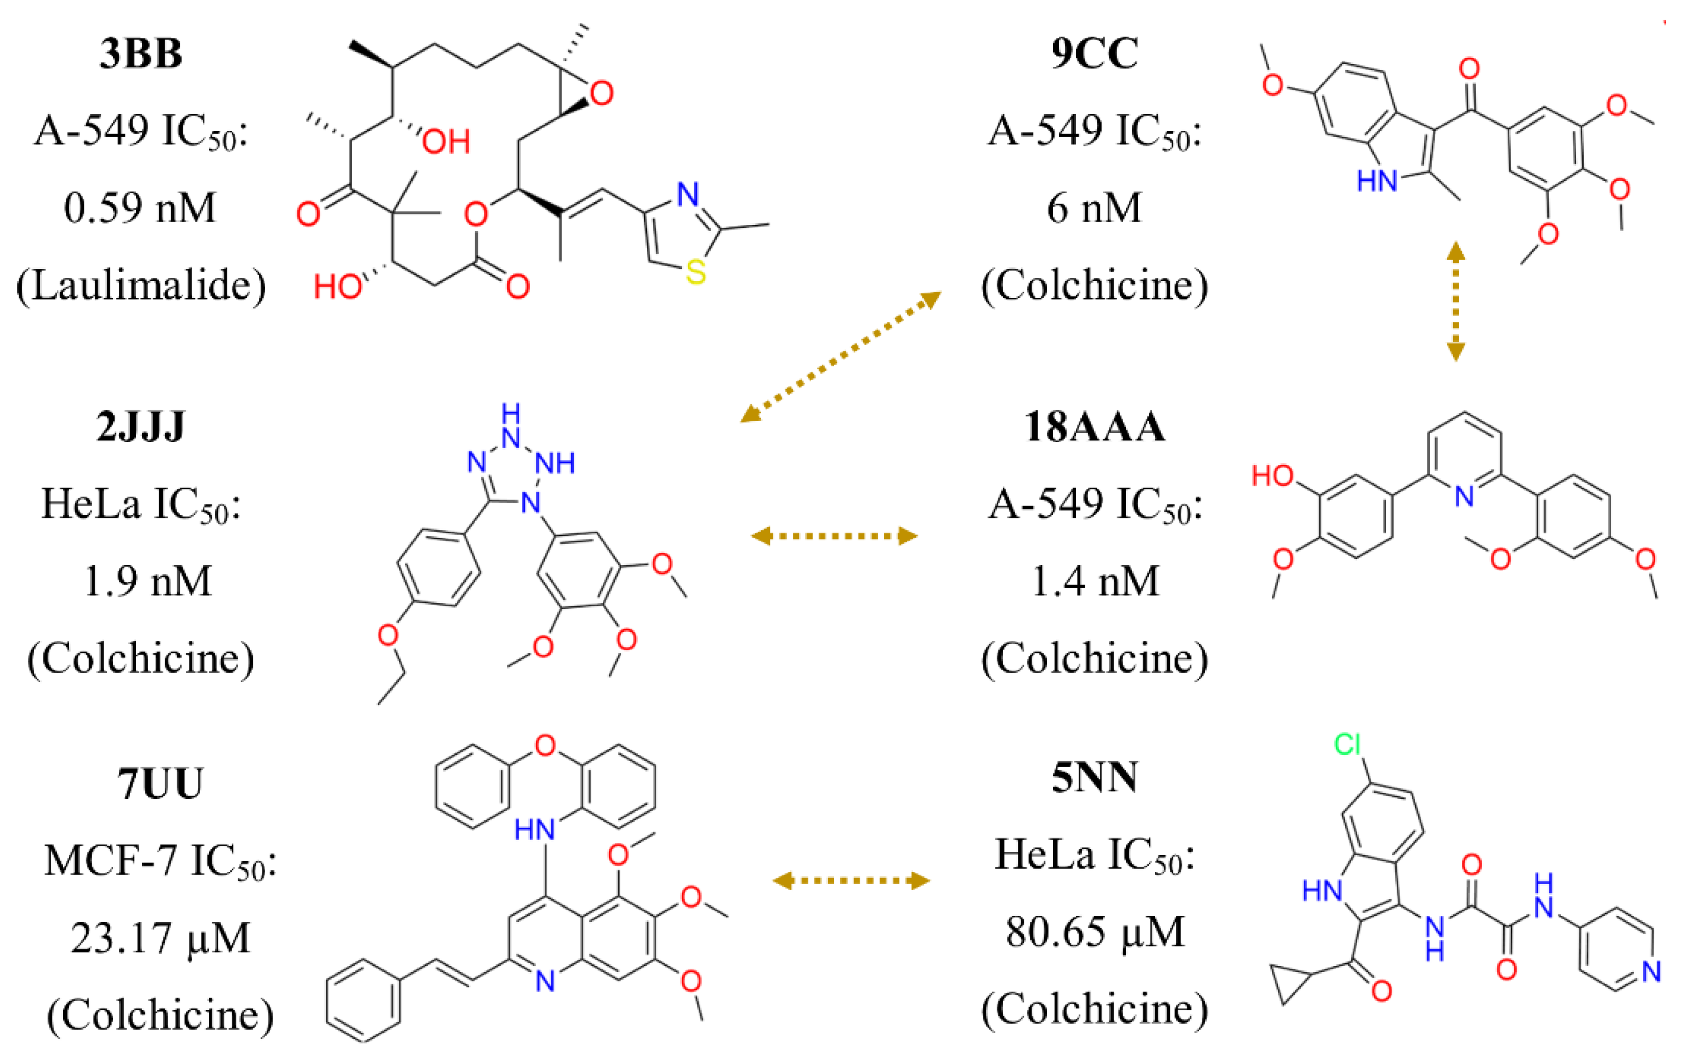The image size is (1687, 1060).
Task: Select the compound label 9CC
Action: click(1094, 53)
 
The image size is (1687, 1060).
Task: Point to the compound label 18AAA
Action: click(1094, 426)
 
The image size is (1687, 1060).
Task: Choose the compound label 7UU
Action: click(160, 783)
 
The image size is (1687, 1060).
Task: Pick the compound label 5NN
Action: click(1094, 777)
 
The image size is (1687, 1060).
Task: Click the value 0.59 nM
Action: click(140, 208)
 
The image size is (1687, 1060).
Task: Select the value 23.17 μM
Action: click(160, 938)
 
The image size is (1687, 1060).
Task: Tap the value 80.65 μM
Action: click(1094, 932)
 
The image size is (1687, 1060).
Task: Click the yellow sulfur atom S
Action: click(696, 272)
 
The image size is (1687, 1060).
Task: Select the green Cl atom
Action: click(1347, 745)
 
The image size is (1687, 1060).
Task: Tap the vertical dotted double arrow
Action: click(1455, 301)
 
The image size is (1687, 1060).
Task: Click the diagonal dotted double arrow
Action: click(841, 357)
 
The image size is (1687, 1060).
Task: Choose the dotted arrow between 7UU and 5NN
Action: click(851, 880)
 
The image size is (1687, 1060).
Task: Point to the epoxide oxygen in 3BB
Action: click(602, 93)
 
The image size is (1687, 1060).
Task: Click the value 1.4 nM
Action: click(1094, 581)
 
